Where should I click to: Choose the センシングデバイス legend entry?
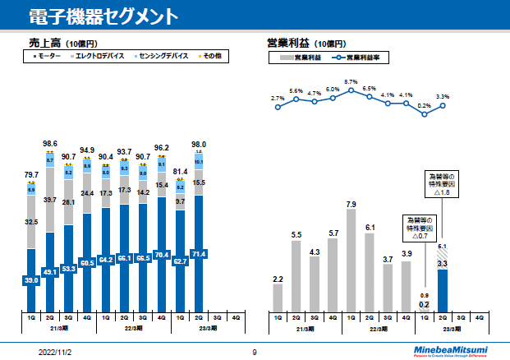point(162,56)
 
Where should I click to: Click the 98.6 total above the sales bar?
point(50,144)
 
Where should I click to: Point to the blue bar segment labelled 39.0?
point(31,280)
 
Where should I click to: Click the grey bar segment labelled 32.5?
point(31,222)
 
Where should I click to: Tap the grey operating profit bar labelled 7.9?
point(351,260)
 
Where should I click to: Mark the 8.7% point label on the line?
point(351,81)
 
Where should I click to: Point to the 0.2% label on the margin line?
point(424,105)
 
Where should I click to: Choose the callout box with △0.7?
point(419,228)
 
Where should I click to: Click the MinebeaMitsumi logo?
point(453,351)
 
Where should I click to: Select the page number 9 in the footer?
point(255,351)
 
